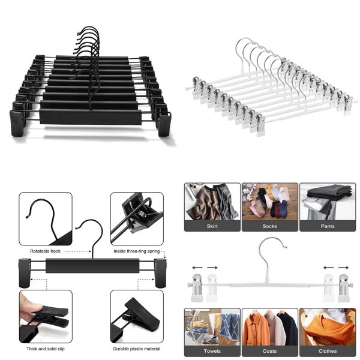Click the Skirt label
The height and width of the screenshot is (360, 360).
coord(211,226)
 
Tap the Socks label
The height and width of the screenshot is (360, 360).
coord(269,226)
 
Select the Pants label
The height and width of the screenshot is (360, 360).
coord(327,226)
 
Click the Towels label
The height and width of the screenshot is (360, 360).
coord(211,350)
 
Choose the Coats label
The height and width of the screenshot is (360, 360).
coord(269,350)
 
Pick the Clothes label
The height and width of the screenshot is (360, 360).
coord(327,350)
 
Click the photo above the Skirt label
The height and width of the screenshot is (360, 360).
coord(211,202)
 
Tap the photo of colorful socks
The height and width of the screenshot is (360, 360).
coord(269,202)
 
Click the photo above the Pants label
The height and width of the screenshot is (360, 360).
coord(327,202)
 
